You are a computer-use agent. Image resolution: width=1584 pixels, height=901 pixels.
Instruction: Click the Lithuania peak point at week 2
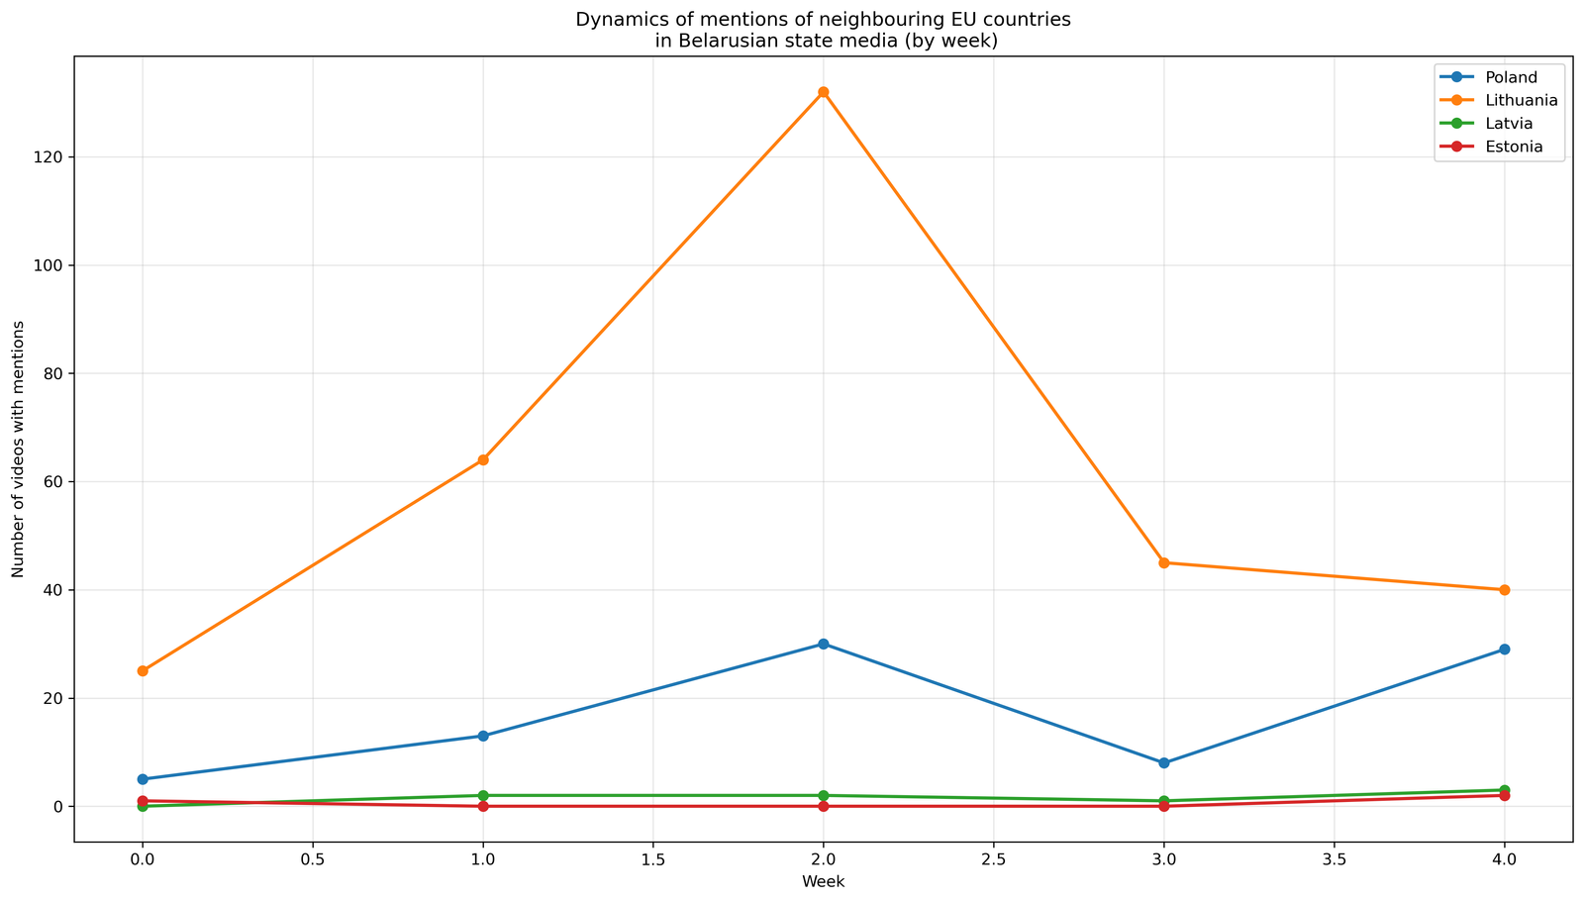[823, 92]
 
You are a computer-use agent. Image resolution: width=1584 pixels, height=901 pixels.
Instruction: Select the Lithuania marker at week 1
[483, 459]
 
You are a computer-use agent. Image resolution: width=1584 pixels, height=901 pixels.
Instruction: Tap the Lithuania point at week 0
[143, 670]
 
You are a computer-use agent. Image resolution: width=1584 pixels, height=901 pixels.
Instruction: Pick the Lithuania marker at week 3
[1164, 562]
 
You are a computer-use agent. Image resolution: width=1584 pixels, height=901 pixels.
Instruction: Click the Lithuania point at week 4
[1505, 590]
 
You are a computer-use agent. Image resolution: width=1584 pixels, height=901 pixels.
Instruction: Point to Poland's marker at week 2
[823, 644]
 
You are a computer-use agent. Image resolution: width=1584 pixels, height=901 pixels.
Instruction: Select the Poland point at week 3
[1164, 762]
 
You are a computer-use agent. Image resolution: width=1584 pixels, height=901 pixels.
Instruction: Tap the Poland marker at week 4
[1505, 650]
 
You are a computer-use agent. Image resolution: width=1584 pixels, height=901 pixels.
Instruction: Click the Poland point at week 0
[143, 779]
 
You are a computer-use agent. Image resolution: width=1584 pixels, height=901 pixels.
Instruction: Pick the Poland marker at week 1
[483, 736]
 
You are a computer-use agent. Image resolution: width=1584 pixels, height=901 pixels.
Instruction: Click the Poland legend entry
[1511, 77]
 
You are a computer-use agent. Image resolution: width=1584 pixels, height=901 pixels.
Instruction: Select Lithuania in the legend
[1522, 101]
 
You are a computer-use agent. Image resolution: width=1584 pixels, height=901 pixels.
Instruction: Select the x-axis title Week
[823, 881]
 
